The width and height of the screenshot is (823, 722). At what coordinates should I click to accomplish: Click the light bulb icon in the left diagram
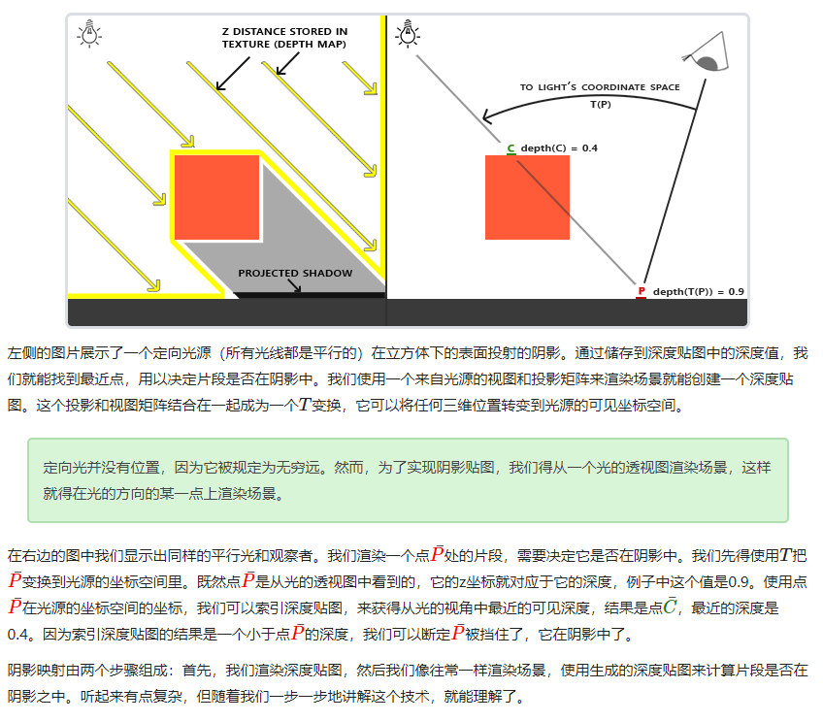pos(89,35)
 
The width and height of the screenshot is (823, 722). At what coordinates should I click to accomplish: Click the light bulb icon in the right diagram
pos(408,35)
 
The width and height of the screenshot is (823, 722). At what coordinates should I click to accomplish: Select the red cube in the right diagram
pos(527,197)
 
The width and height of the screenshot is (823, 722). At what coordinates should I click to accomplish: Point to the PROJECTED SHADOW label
pos(295,274)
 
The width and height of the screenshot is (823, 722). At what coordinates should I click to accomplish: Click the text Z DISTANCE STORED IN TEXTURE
pos(283,38)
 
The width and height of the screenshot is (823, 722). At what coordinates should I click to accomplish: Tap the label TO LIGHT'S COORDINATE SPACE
pos(600,87)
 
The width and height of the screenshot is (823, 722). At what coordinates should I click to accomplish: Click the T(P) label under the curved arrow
pos(600,103)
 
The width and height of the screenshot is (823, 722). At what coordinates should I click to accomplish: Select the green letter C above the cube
pos(510,148)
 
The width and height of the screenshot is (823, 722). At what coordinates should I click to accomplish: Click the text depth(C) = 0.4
pos(559,148)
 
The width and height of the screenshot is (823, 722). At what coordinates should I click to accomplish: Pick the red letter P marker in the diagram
pos(641,291)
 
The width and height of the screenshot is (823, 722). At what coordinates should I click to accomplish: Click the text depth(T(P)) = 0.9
pos(698,291)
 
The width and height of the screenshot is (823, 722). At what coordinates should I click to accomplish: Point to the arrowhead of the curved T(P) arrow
pos(486,121)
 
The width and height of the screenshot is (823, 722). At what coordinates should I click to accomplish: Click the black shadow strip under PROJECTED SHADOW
pos(311,295)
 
